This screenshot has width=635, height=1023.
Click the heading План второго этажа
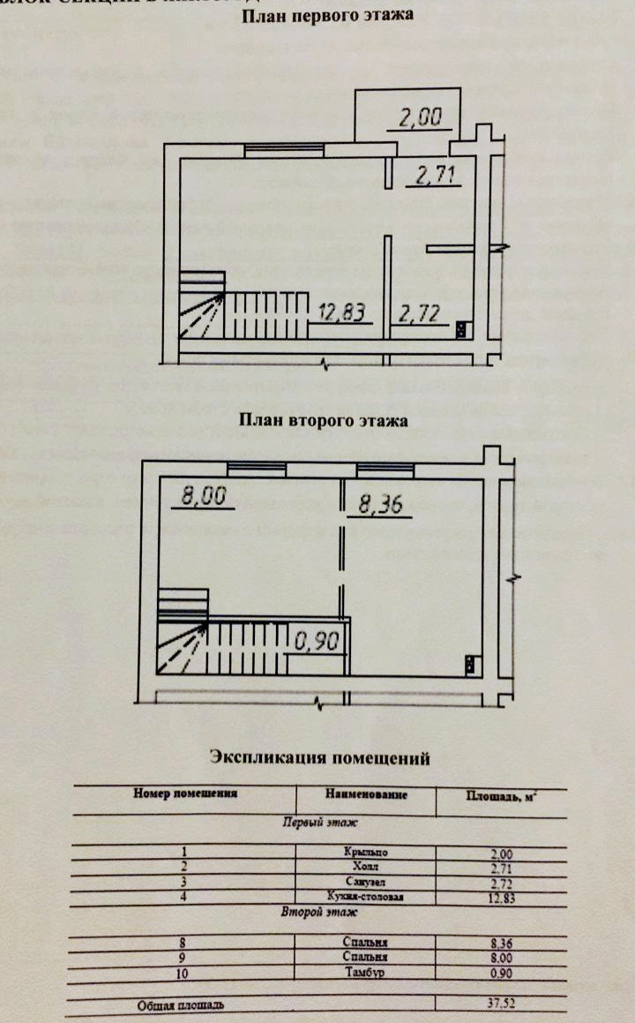click(324, 421)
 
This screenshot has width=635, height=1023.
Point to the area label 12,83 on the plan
click(340, 312)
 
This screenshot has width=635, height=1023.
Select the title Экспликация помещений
click(319, 757)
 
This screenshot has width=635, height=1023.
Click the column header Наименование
click(366, 794)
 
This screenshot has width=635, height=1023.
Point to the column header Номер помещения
click(186, 794)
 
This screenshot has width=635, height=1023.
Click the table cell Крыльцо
click(366, 853)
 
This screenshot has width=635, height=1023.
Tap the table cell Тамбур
click(367, 973)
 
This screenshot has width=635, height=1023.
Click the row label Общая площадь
click(183, 1005)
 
